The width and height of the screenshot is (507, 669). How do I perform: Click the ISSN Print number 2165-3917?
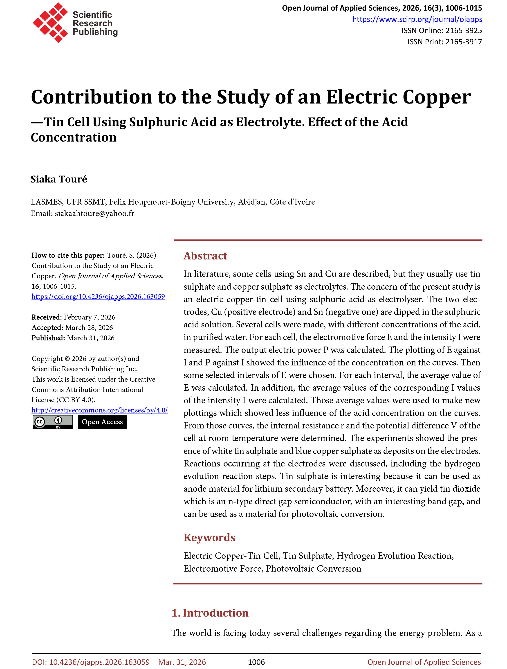tap(463, 42)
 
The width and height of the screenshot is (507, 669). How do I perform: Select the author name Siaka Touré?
tap(59, 179)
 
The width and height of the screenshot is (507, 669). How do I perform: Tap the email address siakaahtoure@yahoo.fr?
tap(94, 214)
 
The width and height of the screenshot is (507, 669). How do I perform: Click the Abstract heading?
tap(205, 256)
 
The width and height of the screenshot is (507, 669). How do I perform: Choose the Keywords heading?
tap(209, 537)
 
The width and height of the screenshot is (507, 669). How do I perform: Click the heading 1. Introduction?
tap(210, 613)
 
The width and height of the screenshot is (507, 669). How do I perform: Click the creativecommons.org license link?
tap(99, 410)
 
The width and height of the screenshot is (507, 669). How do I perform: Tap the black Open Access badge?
tap(102, 422)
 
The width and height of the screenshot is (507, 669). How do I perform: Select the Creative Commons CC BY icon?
tap(53, 422)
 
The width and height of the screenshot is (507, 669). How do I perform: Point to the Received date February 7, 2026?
tap(90, 317)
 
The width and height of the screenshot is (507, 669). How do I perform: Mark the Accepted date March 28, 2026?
tap(89, 328)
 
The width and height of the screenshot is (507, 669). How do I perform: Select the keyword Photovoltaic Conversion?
tap(314, 569)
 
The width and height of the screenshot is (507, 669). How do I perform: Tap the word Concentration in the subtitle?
tap(74, 138)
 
